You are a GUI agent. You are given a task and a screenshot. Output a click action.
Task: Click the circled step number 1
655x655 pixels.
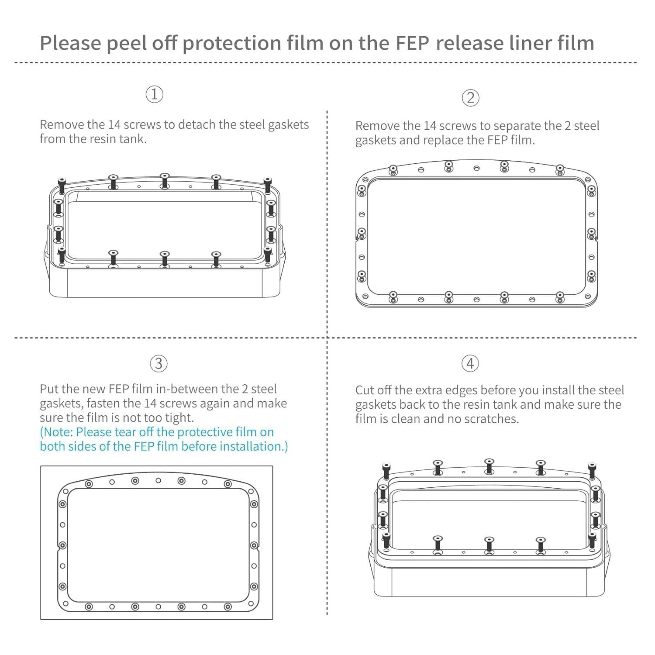coord(154,94)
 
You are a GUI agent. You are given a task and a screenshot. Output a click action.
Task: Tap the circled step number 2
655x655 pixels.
coord(470,98)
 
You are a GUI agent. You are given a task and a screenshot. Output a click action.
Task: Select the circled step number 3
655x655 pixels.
coord(159,364)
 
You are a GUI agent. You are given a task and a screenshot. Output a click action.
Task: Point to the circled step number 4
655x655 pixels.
coord(470,363)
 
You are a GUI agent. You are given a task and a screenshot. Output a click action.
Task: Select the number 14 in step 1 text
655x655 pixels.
coord(114,125)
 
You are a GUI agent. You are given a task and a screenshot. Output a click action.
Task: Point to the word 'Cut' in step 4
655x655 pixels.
coord(366,390)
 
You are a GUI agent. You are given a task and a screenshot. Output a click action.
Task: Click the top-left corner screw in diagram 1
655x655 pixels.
coord(62,186)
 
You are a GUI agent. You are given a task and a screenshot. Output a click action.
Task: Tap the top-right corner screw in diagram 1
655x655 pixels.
coord(267,186)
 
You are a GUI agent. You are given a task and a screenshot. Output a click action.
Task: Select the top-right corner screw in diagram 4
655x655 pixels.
coord(592,472)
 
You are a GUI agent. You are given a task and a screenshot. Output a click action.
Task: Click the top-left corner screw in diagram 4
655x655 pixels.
coord(386,472)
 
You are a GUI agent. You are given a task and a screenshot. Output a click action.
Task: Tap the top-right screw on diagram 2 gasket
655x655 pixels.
coord(560,169)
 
